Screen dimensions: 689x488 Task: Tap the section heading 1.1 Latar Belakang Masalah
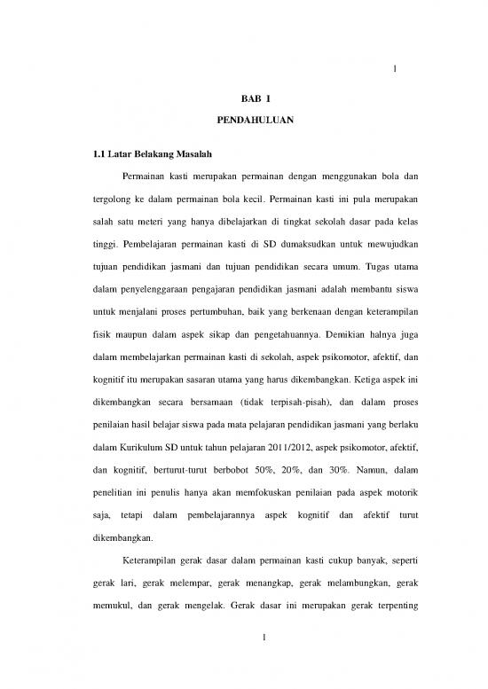145,155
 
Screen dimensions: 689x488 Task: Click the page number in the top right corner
393,73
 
